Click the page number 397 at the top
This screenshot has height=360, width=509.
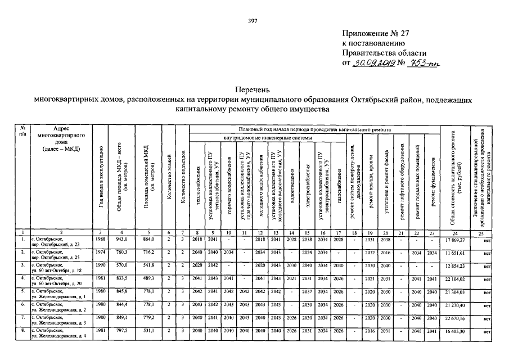tap(253, 21)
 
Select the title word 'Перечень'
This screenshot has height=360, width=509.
tap(253, 89)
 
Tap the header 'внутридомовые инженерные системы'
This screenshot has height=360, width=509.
tap(268, 137)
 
